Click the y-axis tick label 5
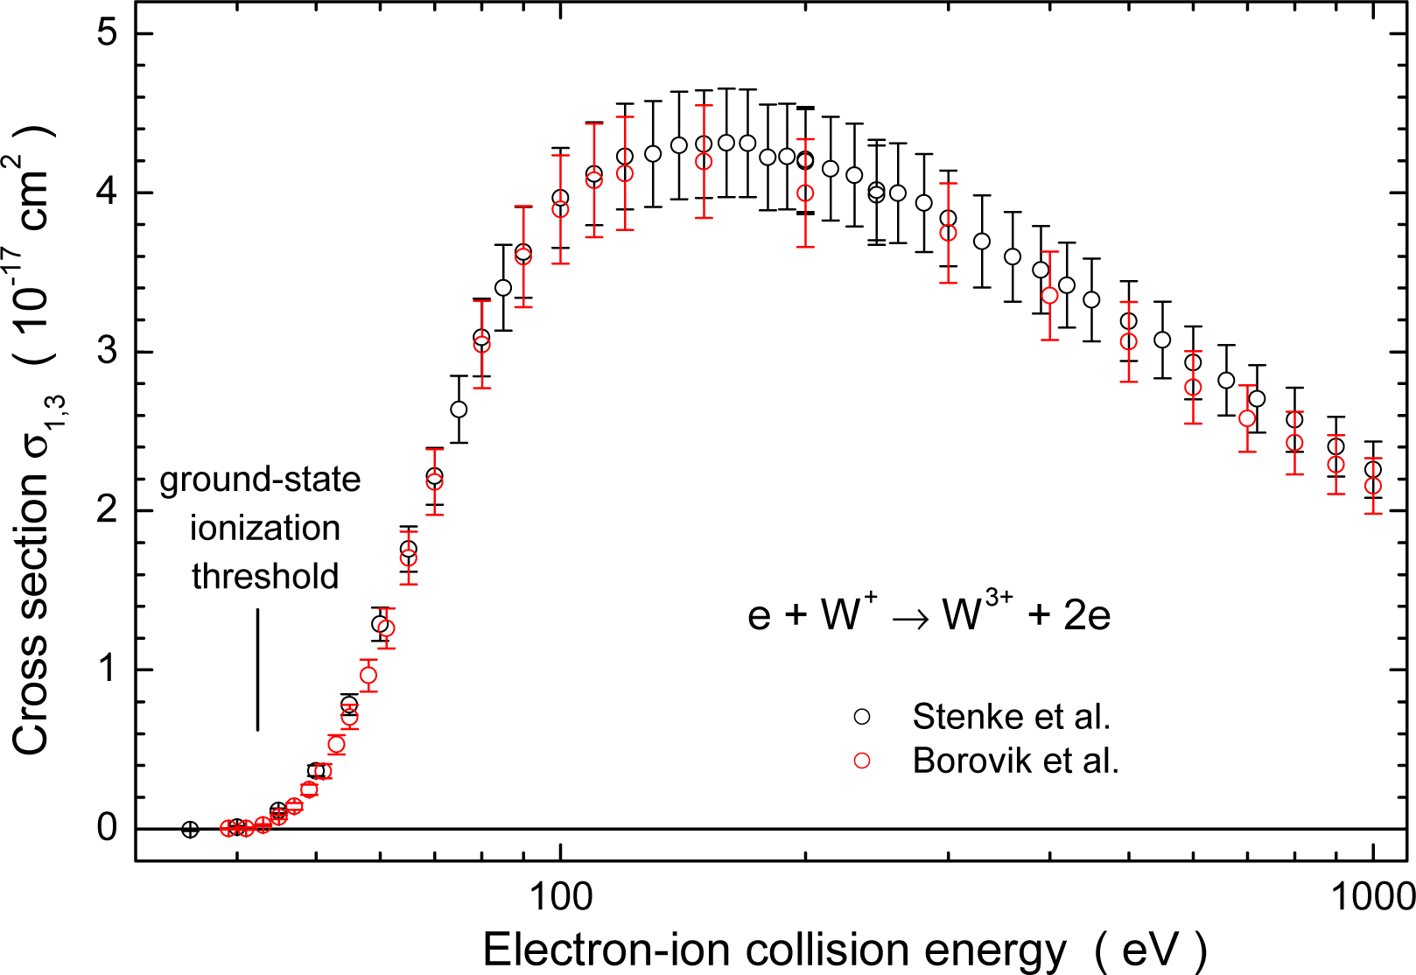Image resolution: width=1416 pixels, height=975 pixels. [108, 33]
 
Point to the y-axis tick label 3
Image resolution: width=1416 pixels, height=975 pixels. [108, 352]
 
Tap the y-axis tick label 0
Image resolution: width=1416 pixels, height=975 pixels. [108, 828]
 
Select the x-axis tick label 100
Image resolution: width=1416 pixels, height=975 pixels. [560, 896]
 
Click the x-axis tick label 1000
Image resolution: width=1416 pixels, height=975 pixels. [1372, 896]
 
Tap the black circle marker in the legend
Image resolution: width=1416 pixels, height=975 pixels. [862, 717]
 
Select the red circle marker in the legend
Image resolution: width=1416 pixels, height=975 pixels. [862, 761]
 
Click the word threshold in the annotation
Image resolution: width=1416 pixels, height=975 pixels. [265, 577]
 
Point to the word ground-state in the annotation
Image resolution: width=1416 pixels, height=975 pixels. [260, 480]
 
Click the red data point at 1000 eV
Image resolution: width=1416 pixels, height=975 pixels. [1373, 486]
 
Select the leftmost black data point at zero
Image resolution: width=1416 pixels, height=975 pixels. [190, 829]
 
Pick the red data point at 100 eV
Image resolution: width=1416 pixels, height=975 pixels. [560, 209]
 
